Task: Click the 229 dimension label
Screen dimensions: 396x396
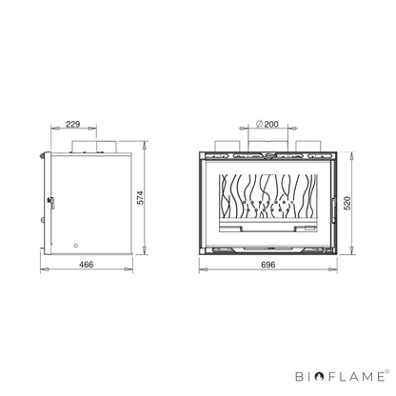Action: click(x=73, y=124)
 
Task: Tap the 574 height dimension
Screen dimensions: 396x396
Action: click(x=140, y=197)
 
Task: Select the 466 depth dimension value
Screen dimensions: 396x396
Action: click(x=87, y=265)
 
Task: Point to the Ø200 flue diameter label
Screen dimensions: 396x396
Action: click(x=267, y=124)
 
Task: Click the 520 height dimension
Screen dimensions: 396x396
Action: click(x=347, y=203)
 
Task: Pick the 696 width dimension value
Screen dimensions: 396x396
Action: click(x=268, y=265)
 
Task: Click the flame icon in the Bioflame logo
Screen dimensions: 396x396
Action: click(x=320, y=377)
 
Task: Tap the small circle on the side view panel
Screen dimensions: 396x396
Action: click(x=75, y=246)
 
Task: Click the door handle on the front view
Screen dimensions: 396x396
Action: click(x=334, y=210)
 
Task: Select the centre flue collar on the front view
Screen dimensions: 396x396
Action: click(x=267, y=147)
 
